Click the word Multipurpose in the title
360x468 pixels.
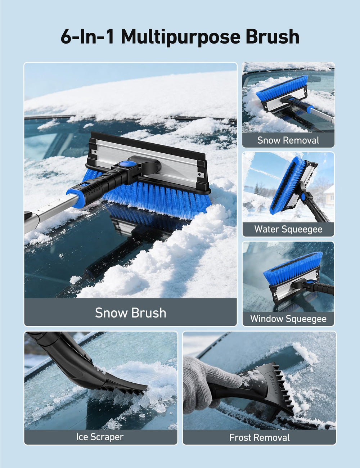point(180,37)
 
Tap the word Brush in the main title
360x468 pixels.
point(273,36)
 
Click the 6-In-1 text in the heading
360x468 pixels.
point(87,36)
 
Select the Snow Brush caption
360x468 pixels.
point(130,313)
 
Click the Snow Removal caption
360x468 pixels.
point(288,140)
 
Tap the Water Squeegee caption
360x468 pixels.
point(288,229)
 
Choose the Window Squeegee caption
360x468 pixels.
point(288,319)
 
